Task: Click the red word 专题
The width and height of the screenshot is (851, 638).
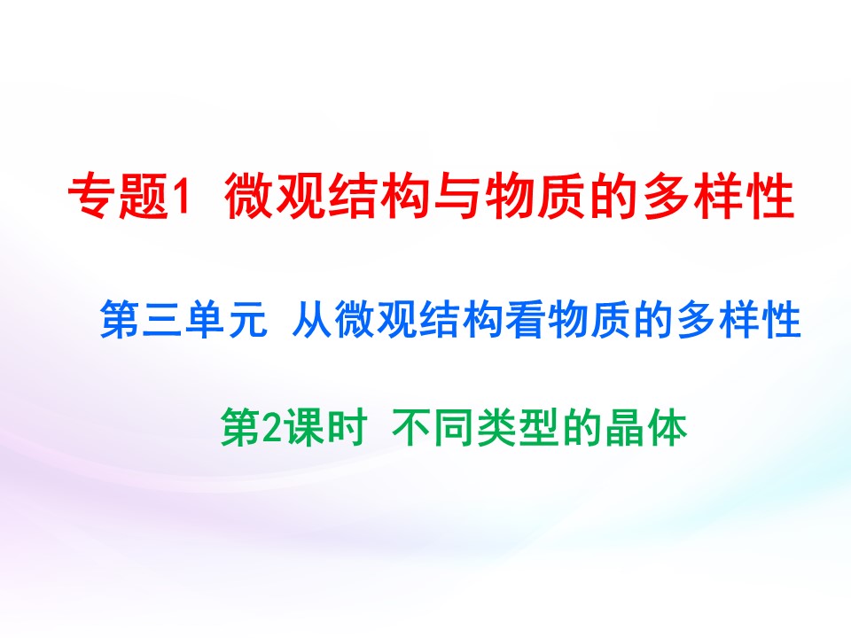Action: click(x=118, y=198)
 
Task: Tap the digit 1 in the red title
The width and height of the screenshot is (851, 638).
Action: click(x=180, y=198)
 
